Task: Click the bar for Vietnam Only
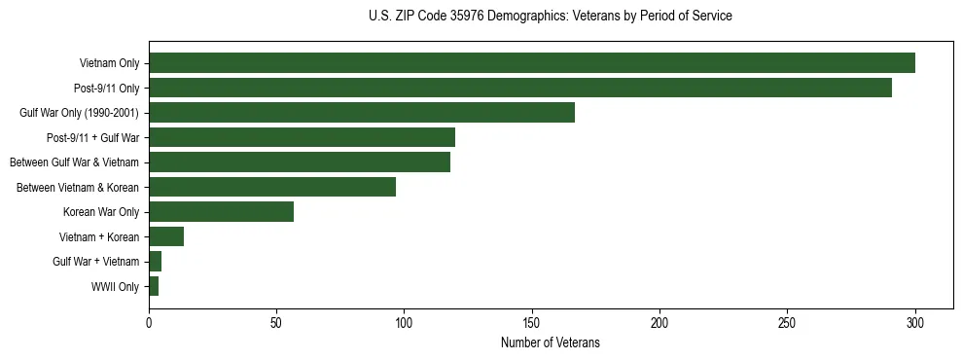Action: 531,63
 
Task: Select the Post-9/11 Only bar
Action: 519,88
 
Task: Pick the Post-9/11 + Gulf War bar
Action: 302,137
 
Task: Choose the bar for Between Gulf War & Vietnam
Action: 299,162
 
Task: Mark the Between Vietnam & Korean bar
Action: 271,187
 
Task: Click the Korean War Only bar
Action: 221,212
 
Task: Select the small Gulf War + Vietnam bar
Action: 155,262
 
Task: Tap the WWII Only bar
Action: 154,286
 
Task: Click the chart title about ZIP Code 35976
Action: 550,17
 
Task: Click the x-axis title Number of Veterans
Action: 550,343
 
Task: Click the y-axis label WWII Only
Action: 115,287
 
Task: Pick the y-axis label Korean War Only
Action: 101,212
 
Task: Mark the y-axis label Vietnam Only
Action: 109,63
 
